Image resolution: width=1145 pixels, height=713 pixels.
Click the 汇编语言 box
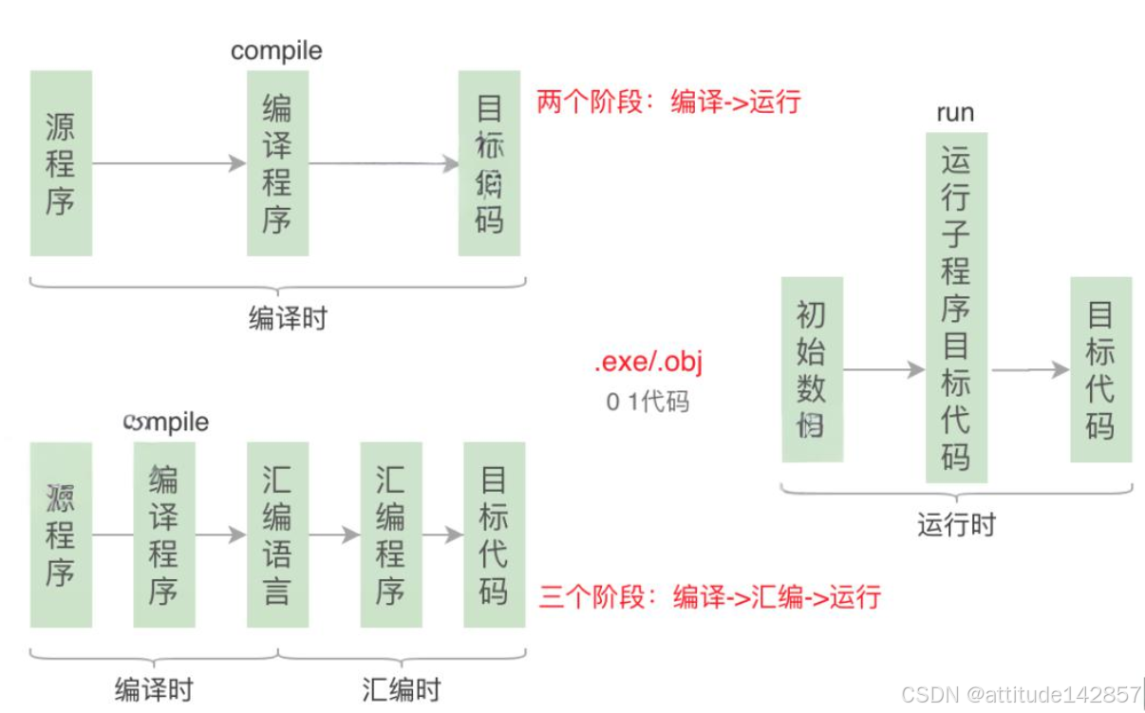coord(277,535)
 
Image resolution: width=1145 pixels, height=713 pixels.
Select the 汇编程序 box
coord(391,535)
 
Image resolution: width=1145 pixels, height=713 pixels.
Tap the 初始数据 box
coord(812,369)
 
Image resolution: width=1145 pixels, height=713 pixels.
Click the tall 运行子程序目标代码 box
coord(956,308)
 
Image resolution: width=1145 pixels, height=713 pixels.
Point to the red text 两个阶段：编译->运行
coord(669,102)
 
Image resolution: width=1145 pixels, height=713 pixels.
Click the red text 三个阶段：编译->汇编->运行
coord(710,596)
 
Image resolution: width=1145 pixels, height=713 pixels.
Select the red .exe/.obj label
coord(648,364)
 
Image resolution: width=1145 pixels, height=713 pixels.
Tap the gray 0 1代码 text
coord(648,402)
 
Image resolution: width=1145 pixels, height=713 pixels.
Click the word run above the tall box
coord(955,113)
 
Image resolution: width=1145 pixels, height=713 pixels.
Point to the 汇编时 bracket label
coord(402,688)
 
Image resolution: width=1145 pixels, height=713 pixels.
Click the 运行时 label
coord(957,524)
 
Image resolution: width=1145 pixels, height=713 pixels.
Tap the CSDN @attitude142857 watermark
coord(1021,694)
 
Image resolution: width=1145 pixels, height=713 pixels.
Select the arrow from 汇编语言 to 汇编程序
coord(334,535)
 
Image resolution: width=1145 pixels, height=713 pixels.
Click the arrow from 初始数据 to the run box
coord(884,370)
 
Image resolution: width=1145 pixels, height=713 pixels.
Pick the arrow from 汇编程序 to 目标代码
coord(443,535)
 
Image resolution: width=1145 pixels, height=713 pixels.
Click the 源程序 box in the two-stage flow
coord(61,163)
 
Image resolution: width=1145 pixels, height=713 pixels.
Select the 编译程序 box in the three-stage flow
coord(163,535)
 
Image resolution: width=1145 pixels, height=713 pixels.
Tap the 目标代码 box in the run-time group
coord(1100,369)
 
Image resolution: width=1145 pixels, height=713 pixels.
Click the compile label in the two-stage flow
coord(276,50)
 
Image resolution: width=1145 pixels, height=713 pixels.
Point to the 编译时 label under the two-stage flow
coord(288,318)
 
